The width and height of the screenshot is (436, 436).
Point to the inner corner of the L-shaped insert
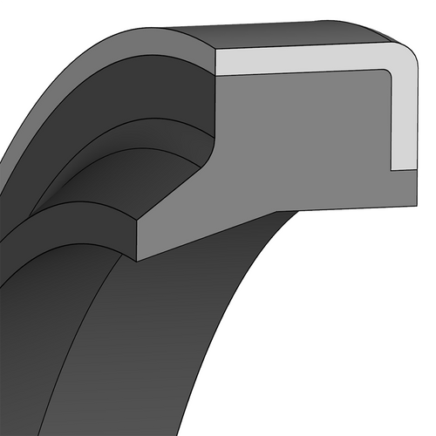(x=389, y=72)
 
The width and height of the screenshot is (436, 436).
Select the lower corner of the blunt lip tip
(x=140, y=259)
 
